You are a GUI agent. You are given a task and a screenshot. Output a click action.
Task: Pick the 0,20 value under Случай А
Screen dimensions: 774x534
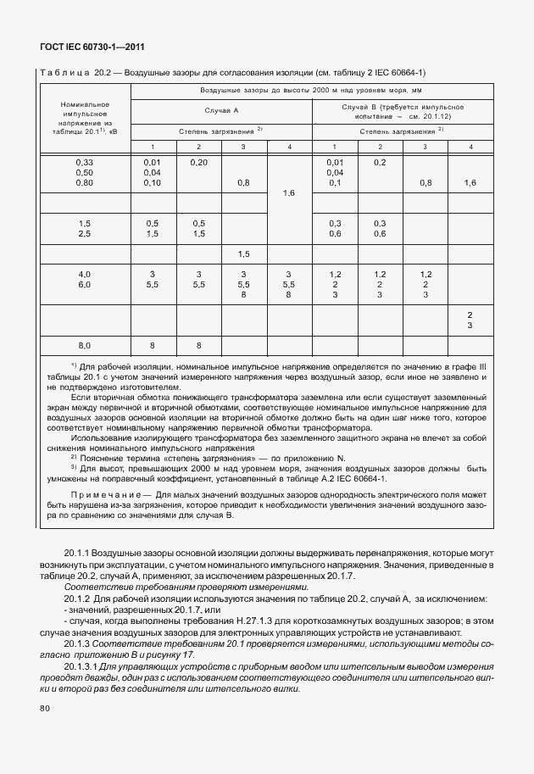tap(198, 162)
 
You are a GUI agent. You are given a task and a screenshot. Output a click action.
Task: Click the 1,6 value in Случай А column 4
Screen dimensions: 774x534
tap(289, 193)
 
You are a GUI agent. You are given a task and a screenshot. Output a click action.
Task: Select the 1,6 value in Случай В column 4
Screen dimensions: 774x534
tap(470, 183)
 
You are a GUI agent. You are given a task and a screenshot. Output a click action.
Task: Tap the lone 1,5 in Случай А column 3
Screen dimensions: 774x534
tap(244, 254)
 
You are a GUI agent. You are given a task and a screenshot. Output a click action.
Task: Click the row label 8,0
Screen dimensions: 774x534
tap(84, 345)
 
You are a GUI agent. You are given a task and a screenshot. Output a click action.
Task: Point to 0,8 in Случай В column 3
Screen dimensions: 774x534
tap(426, 183)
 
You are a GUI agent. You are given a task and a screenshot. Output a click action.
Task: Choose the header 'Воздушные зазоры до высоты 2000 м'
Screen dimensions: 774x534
tap(310, 89)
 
